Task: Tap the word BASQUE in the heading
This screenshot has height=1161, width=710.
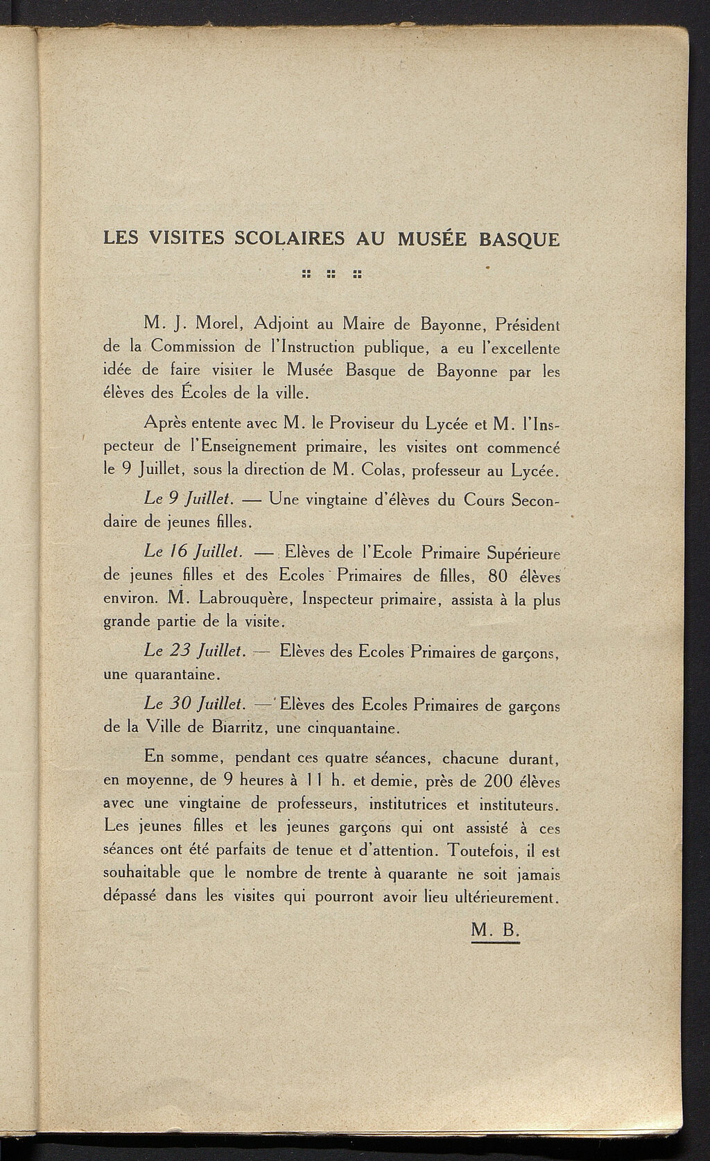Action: [519, 239]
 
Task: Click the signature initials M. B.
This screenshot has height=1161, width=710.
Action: [494, 931]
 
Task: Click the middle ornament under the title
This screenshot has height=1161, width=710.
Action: [331, 274]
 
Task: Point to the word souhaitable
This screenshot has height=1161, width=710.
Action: [143, 873]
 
